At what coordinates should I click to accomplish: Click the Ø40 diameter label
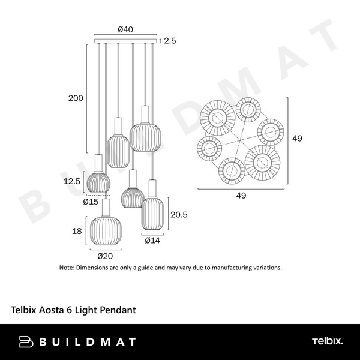point(125,29)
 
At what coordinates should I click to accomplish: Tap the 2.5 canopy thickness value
point(170,41)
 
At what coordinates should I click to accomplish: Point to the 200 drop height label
point(76,98)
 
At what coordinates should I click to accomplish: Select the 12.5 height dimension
point(72,181)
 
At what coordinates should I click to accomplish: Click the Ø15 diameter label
point(91,202)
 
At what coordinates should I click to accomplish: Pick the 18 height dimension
point(77,231)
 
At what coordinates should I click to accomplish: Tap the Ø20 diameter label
point(105,256)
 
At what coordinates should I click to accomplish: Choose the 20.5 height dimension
point(179,215)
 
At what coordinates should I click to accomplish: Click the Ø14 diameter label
point(152,241)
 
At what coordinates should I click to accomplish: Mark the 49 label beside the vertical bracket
point(297,138)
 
